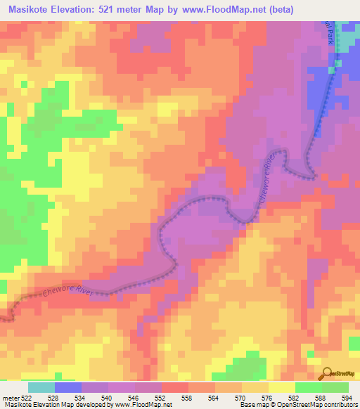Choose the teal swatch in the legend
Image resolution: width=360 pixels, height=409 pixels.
click(x=41, y=387)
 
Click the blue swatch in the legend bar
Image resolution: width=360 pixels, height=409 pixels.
click(x=67, y=387)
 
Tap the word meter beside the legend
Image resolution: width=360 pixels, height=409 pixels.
click(x=11, y=398)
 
